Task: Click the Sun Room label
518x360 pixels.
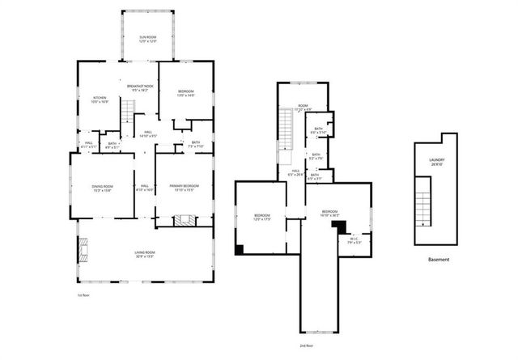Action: coord(147,39)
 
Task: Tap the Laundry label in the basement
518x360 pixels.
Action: coord(437,162)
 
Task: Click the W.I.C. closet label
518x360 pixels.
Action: coord(355,240)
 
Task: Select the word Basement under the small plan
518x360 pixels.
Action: coord(438,260)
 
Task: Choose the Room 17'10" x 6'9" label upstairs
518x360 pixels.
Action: coord(304,107)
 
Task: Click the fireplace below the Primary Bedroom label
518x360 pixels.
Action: coord(185,220)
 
